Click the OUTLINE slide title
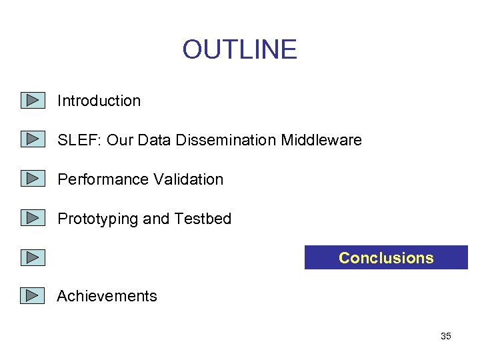tap(239, 49)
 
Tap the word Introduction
tap(99, 101)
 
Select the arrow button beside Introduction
tap(32, 101)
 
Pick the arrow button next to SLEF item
tap(32, 139)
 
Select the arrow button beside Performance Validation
tap(32, 179)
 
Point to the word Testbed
tap(203, 219)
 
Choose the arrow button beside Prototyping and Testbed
tap(32, 218)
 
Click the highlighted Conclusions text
tap(386, 258)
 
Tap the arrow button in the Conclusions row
tap(32, 257)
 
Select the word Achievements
tap(107, 296)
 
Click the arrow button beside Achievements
tap(32, 295)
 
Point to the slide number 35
tap(446, 336)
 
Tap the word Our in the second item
tap(120, 140)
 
